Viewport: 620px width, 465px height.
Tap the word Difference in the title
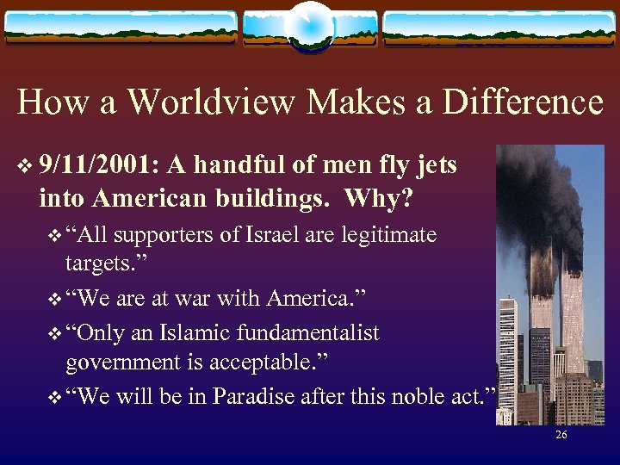(523, 102)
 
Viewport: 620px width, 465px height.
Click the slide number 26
(561, 436)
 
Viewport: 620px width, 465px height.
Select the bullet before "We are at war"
(57, 298)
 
